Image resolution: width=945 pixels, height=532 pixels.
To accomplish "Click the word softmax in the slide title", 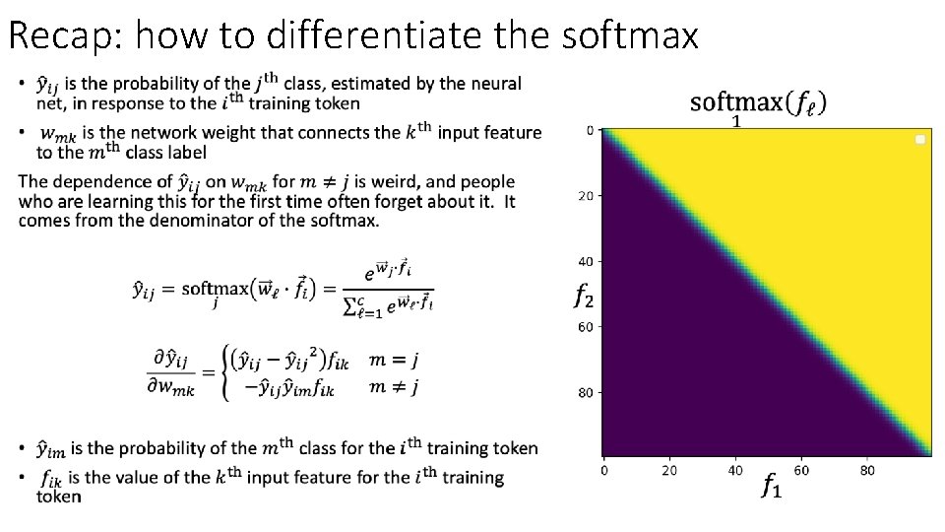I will [x=630, y=36].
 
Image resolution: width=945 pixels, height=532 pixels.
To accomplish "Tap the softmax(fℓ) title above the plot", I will [x=758, y=101].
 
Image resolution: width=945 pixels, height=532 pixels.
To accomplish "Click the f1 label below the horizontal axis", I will [x=771, y=485].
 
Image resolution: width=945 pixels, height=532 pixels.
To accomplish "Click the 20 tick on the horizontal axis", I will [x=669, y=470].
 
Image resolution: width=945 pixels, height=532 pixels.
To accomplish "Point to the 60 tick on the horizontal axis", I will [x=800, y=470].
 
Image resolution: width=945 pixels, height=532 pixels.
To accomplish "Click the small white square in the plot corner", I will [x=920, y=140].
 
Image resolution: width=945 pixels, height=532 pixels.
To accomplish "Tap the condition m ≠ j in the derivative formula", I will [x=394, y=387].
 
